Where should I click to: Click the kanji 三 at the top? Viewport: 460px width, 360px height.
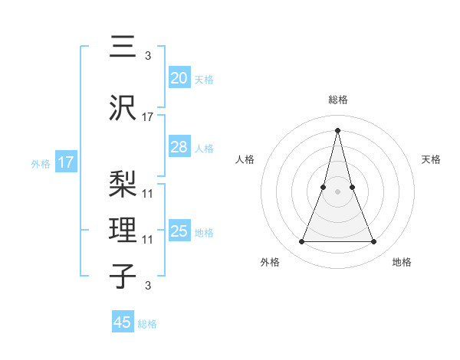(124, 48)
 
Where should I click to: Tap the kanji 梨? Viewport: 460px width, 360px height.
(124, 184)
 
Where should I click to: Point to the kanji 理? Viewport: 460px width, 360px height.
(124, 230)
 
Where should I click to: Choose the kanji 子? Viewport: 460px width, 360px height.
(124, 276)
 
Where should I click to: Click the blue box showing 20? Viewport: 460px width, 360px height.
(179, 78)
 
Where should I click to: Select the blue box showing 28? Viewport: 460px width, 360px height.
(179, 147)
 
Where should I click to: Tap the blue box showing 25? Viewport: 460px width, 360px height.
(179, 231)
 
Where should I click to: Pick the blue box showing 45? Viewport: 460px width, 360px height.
(123, 322)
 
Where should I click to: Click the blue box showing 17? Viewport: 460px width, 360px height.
(66, 162)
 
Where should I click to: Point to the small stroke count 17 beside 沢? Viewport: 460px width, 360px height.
(148, 116)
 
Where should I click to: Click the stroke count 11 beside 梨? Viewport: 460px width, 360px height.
(148, 193)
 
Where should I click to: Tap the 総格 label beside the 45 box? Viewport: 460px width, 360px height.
(147, 324)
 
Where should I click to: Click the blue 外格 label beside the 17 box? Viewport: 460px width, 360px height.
(41, 163)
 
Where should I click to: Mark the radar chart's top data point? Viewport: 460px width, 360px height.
(337, 129)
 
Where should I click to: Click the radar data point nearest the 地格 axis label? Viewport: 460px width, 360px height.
(373, 242)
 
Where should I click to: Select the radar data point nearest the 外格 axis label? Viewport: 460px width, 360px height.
(301, 242)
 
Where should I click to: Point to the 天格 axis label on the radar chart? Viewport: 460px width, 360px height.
(432, 159)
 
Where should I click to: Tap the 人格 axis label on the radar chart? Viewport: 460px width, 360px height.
(245, 159)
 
